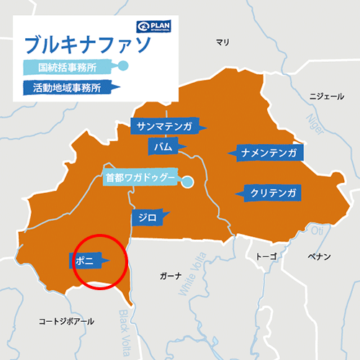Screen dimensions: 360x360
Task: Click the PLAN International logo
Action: pyautogui.click(x=158, y=27)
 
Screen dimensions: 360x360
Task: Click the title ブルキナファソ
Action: pyautogui.click(x=87, y=45)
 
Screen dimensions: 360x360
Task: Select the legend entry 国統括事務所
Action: pyautogui.click(x=69, y=68)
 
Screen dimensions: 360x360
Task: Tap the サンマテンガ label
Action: pyautogui.click(x=165, y=127)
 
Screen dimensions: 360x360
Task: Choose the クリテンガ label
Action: pyautogui.click(x=274, y=193)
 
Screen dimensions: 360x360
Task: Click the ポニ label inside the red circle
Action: pyautogui.click(x=85, y=259)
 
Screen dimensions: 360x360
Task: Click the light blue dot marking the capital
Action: pyautogui.click(x=187, y=182)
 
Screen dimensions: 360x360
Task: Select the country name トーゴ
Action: pyautogui.click(x=266, y=256)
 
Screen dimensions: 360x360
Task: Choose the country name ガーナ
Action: pyautogui.click(x=170, y=276)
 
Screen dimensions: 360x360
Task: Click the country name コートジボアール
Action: pyautogui.click(x=66, y=321)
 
